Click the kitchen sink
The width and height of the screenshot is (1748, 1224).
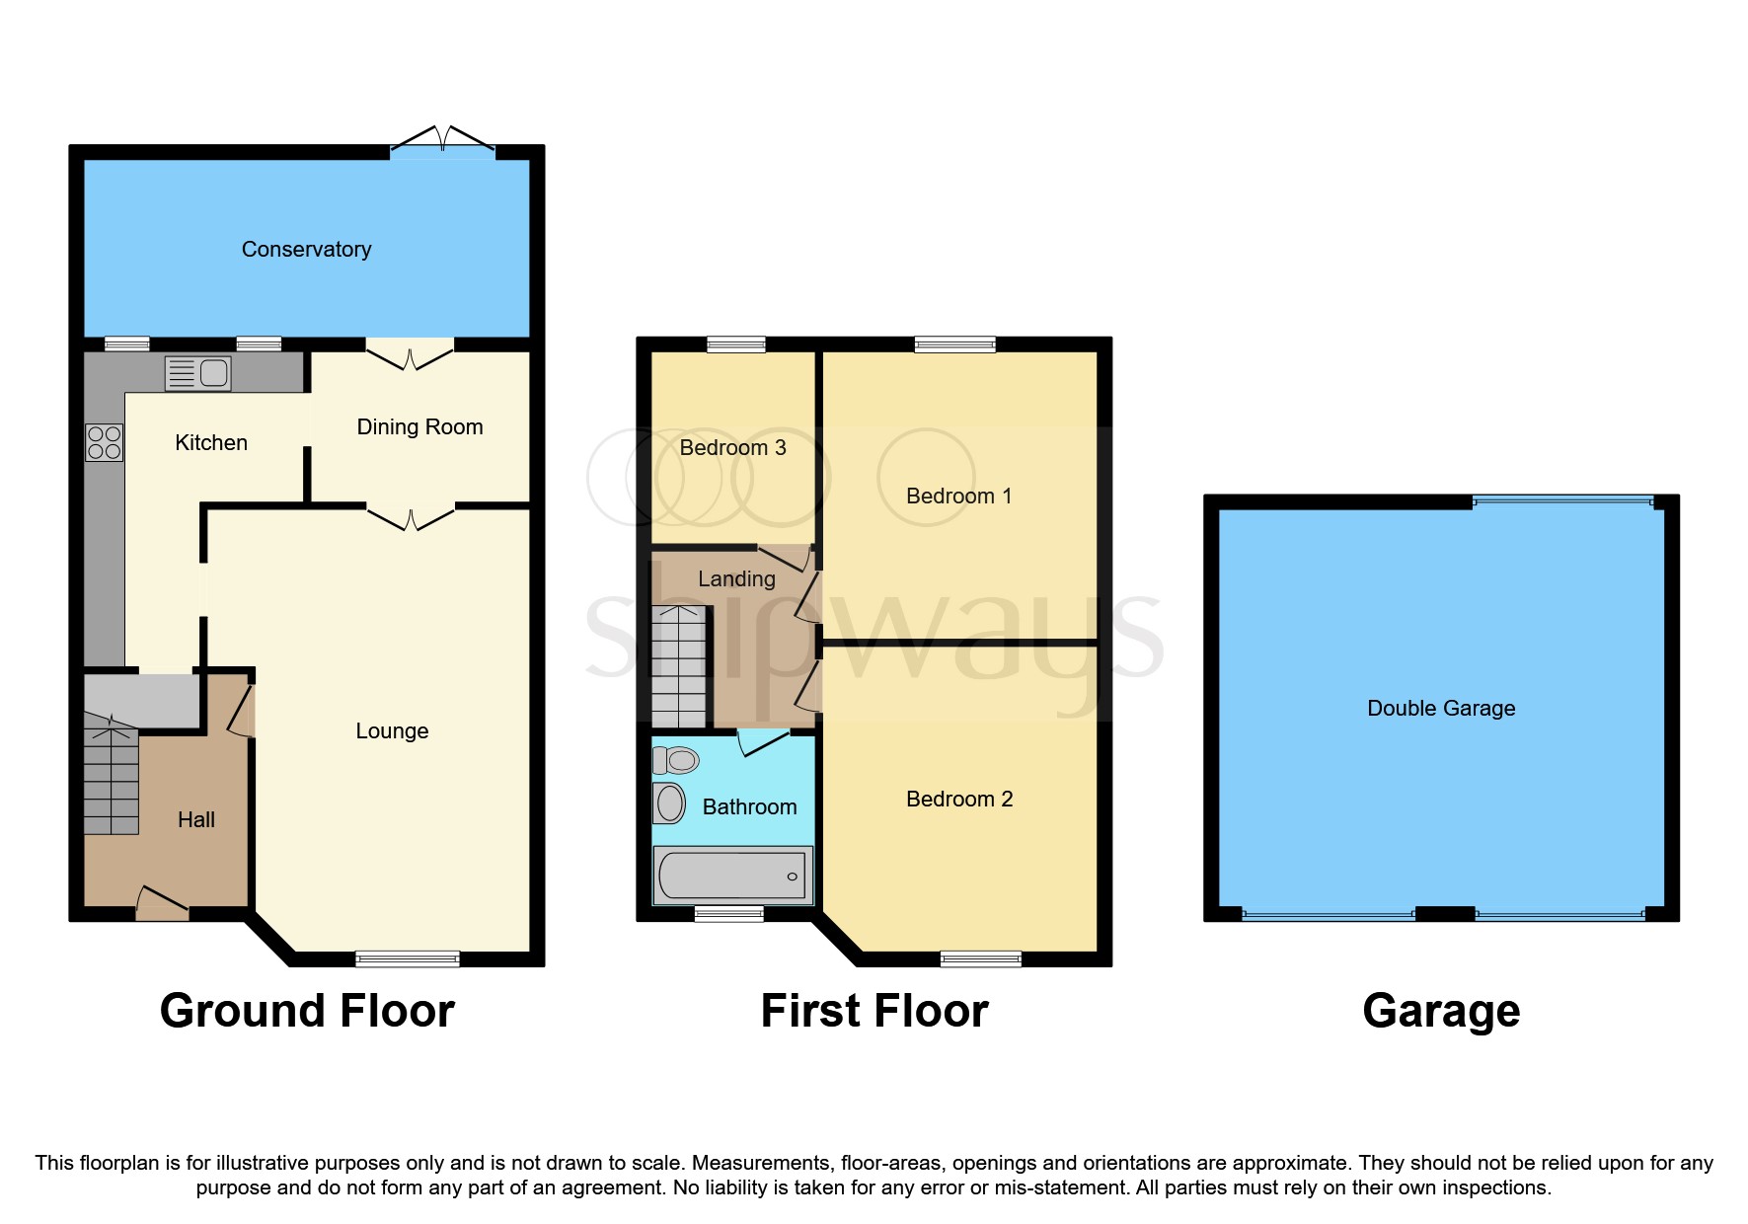tap(197, 373)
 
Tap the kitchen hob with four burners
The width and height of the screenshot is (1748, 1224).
tap(104, 442)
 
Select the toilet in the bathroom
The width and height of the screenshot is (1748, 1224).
tap(677, 760)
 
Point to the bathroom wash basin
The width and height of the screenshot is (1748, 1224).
tap(670, 803)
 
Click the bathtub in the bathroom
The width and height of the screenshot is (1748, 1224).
tap(732, 876)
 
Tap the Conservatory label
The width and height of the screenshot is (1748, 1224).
tap(306, 250)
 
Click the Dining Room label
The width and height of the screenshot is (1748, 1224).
tap(419, 427)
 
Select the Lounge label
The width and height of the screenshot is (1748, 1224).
tap(392, 731)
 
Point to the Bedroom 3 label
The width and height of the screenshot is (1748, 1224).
tap(732, 448)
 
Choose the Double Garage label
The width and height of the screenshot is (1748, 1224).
tap(1440, 709)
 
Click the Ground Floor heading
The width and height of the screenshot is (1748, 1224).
tap(307, 1012)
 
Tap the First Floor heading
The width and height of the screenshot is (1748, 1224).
tap(874, 1012)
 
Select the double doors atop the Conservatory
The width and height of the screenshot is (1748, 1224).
tap(442, 141)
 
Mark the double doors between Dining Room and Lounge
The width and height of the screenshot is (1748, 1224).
tap(411, 516)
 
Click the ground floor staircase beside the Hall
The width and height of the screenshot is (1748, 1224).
tap(111, 780)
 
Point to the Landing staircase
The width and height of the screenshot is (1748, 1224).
tap(678, 666)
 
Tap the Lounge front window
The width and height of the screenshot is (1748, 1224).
tap(408, 957)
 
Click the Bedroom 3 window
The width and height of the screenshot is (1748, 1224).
tap(736, 344)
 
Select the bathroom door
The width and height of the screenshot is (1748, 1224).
tap(764, 740)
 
